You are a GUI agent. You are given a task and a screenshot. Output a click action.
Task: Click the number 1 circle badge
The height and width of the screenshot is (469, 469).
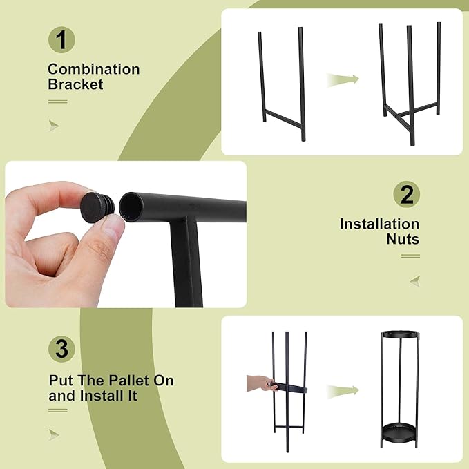61,39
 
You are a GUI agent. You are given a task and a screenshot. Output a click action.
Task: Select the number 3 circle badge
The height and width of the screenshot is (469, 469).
61,350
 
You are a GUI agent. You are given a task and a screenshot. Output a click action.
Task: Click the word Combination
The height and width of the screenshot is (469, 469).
93,69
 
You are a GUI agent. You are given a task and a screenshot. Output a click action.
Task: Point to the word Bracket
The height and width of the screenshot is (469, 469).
75,84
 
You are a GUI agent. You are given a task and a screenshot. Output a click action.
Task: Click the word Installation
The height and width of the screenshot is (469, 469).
379,224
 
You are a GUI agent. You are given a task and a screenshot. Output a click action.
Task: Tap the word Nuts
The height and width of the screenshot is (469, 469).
403,239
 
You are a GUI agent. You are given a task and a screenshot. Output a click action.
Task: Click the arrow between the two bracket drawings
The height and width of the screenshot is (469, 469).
343,79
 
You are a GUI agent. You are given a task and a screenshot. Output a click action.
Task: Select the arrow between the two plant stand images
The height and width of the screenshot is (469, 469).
343,390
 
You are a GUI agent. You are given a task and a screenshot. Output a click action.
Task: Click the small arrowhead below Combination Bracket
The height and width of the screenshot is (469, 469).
54,126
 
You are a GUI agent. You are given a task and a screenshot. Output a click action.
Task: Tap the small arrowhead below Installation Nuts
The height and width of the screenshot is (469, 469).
414,280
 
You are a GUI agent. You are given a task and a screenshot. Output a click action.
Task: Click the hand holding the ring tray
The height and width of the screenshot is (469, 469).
261,383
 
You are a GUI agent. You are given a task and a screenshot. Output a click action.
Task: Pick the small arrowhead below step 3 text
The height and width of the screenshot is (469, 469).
54,434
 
